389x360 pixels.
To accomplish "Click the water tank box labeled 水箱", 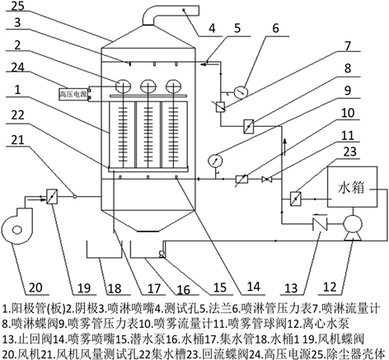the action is click(352, 187).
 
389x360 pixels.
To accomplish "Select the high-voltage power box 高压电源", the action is click(73, 94).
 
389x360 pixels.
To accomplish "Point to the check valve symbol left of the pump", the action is click(320, 223).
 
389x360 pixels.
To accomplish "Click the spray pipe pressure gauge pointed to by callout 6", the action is click(241, 91).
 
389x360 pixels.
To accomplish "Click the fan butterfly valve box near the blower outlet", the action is click(52, 196).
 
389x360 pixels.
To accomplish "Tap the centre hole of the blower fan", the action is click(17, 229).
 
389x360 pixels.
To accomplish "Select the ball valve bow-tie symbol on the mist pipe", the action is click(266, 180).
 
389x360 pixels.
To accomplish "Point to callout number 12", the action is click(330, 287).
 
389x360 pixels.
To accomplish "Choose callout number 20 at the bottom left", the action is click(35, 288).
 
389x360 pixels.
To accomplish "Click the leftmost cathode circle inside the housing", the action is click(123, 86).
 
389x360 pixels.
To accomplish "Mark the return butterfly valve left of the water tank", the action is click(296, 199).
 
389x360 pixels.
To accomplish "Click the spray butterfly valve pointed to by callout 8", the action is click(249, 126).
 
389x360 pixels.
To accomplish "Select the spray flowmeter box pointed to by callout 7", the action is click(221, 106).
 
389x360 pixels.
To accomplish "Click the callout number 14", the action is click(253, 287).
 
